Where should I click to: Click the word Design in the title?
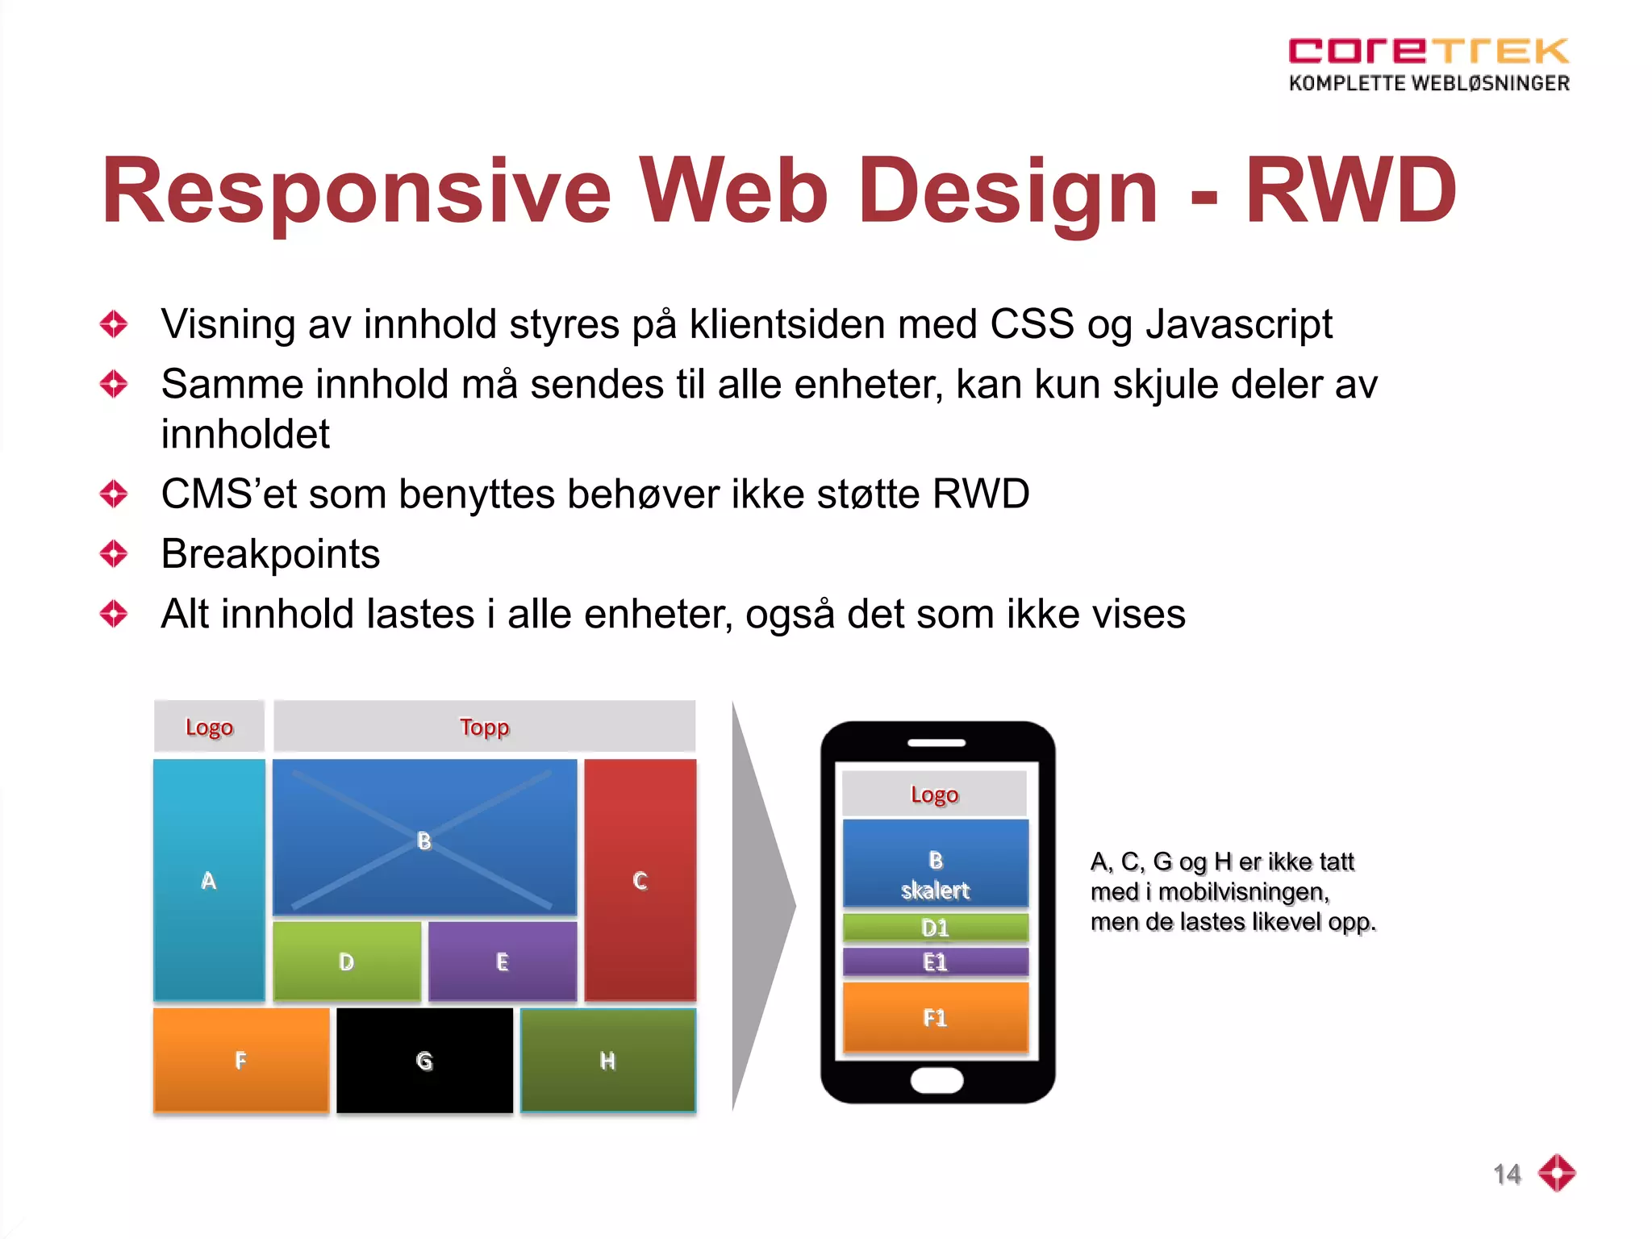[1007, 192]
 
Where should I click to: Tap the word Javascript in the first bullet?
[1239, 325]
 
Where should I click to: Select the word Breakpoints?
[270, 554]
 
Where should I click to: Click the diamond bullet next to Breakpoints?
[114, 554]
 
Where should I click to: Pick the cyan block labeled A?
[209, 879]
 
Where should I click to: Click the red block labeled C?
[640, 879]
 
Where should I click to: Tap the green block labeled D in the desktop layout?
[347, 961]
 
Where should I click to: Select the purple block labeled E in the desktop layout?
[502, 961]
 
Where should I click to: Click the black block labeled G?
[424, 1060]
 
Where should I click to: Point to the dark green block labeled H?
[607, 1060]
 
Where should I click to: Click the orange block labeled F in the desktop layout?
[240, 1060]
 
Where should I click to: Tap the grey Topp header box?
[484, 727]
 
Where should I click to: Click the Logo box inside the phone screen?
[934, 794]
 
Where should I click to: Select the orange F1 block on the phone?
[935, 1017]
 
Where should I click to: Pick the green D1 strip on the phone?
[935, 928]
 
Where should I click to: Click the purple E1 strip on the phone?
[935, 962]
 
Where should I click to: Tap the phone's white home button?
[937, 1080]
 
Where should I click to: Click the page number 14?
[1506, 1174]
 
